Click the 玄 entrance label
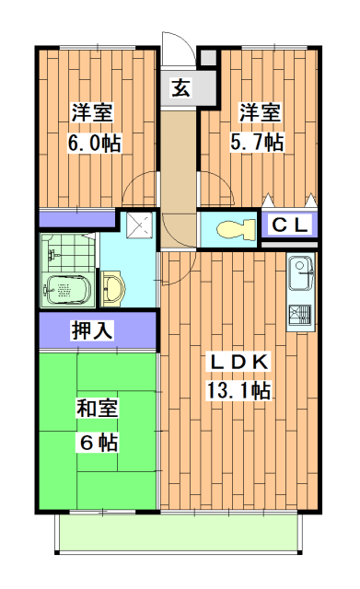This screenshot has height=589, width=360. click(181, 89)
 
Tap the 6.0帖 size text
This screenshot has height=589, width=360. click(93, 144)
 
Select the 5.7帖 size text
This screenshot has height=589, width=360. click(261, 143)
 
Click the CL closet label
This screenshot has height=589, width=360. click(290, 225)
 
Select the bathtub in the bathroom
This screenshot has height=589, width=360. click(66, 288)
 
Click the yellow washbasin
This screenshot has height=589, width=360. click(113, 288)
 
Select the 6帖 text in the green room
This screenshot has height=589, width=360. click(95, 441)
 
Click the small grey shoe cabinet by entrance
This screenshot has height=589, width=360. click(209, 58)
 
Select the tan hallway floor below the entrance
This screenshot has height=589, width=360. click(180, 156)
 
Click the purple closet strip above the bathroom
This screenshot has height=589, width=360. click(77, 220)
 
